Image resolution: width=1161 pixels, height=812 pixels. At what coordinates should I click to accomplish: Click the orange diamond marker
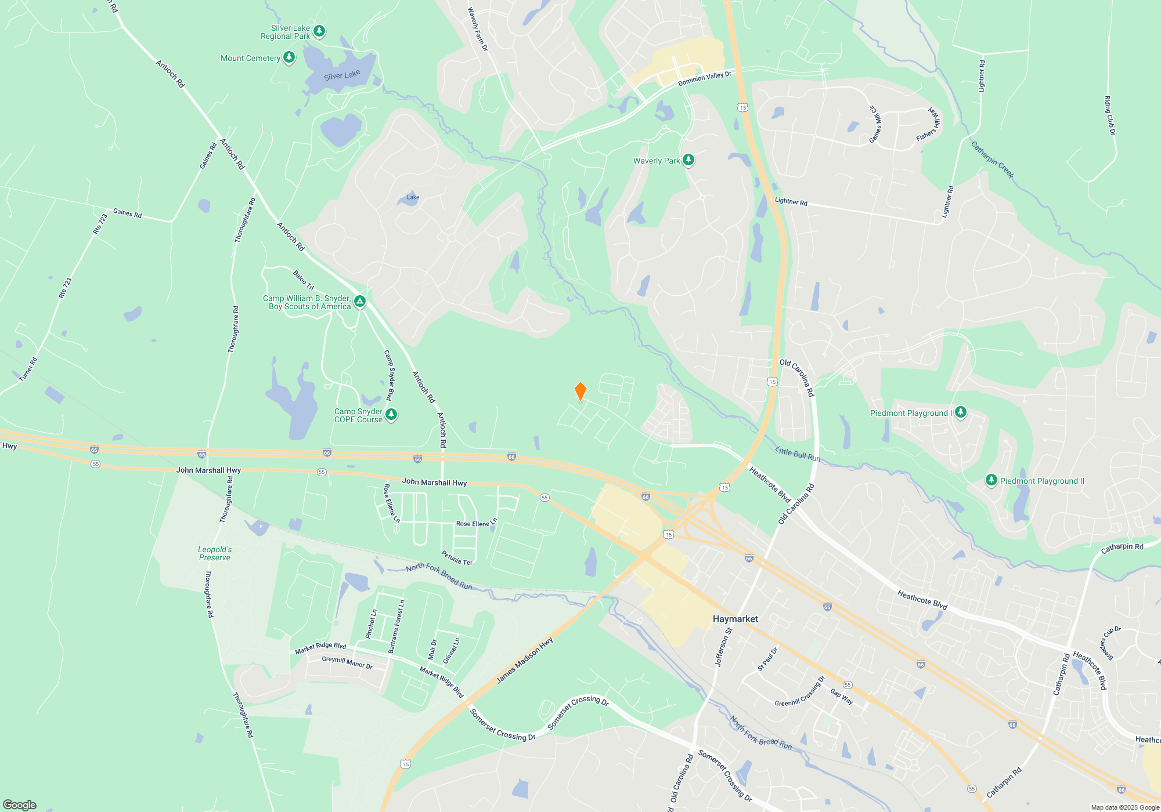(580, 391)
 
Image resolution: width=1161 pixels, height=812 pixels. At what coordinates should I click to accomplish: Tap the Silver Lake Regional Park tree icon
(319, 31)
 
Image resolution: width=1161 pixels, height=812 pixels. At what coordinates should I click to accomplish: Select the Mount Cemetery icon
(289, 57)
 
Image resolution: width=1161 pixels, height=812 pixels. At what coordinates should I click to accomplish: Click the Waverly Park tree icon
(688, 159)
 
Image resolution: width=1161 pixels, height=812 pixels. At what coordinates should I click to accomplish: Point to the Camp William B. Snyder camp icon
(360, 301)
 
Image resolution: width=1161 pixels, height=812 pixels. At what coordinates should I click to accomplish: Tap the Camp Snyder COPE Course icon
(391, 414)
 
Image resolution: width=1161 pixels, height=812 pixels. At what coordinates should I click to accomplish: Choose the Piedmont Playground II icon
(991, 480)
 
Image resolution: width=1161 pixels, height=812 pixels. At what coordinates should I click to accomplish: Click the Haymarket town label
(735, 619)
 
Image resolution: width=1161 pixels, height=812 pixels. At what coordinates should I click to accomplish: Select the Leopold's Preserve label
(215, 553)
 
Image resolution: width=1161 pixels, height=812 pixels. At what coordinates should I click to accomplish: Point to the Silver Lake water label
(342, 75)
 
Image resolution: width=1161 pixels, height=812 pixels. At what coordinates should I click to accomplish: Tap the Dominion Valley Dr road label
(704, 78)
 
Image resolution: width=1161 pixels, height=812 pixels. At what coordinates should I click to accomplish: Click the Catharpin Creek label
(993, 160)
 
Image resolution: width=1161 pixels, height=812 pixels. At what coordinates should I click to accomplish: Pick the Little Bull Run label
(798, 454)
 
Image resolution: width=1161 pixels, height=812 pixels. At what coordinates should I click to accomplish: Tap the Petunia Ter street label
(457, 558)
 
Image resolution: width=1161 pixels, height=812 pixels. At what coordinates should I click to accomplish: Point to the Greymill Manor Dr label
(347, 662)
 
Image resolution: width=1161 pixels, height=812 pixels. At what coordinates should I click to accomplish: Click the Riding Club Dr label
(1109, 116)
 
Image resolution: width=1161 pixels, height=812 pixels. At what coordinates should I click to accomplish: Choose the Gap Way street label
(841, 696)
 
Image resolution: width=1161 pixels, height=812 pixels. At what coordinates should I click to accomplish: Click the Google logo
(20, 804)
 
